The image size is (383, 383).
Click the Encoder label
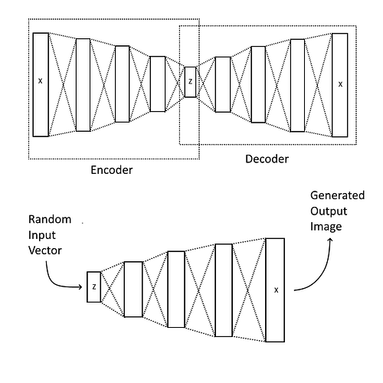pyautogui.click(x=112, y=170)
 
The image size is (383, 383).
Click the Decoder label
pyautogui.click(x=267, y=159)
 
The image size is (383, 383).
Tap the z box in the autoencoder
pyautogui.click(x=190, y=82)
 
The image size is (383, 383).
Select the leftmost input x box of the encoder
pyautogui.click(x=41, y=84)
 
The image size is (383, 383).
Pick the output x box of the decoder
pyautogui.click(x=340, y=85)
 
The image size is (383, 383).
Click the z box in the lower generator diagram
pyautogui.click(x=94, y=287)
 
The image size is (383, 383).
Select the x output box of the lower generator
pyautogui.click(x=275, y=290)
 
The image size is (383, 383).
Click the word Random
pyautogui.click(x=50, y=219)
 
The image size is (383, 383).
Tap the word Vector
pyautogui.click(x=45, y=250)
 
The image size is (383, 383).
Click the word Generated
pyautogui.click(x=337, y=195)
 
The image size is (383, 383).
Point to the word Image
pyautogui.click(x=326, y=227)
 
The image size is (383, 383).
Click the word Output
pyautogui.click(x=329, y=211)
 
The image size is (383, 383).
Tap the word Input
pyautogui.click(x=41, y=235)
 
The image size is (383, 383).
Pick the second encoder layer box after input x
pyautogui.click(x=123, y=84)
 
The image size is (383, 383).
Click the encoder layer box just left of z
pyautogui.click(x=158, y=84)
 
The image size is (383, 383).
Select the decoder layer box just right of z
pyautogui.click(x=223, y=84)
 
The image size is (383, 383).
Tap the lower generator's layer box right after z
pyautogui.click(x=133, y=290)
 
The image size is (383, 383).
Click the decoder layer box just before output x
pyautogui.click(x=297, y=85)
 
